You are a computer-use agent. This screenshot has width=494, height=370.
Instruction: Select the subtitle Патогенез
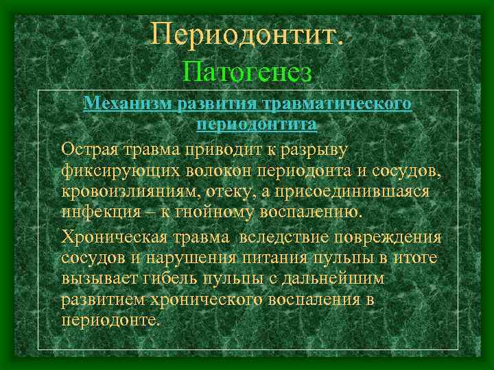(x=248, y=71)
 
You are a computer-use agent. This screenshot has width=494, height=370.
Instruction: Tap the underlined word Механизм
(x=128, y=104)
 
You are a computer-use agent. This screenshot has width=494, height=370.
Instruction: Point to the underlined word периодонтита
(x=257, y=125)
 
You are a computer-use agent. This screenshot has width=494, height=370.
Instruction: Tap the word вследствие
(x=285, y=238)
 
